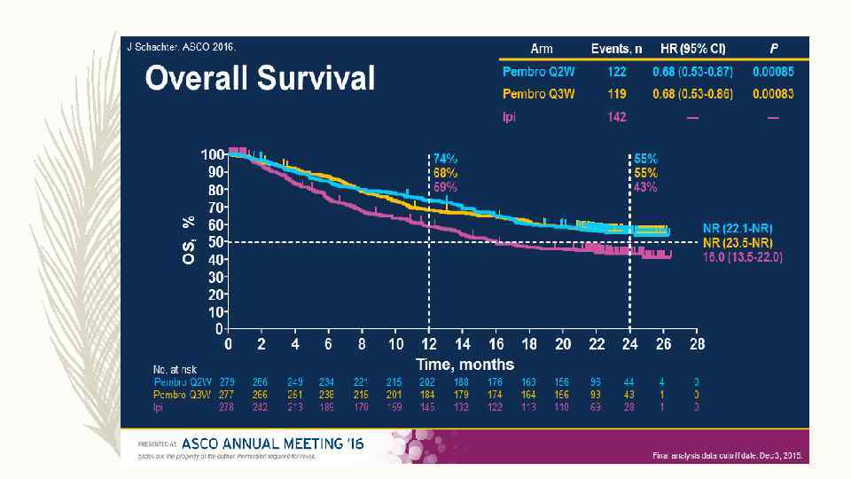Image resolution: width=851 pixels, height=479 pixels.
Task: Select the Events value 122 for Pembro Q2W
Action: (617, 70)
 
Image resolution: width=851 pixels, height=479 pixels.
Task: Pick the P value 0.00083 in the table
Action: (773, 93)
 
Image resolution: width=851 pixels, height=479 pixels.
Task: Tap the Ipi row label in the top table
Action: (510, 118)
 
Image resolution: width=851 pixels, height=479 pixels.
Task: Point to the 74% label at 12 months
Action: (445, 158)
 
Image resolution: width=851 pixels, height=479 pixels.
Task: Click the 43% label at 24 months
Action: (645, 187)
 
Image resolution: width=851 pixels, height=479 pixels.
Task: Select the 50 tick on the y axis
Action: (215, 241)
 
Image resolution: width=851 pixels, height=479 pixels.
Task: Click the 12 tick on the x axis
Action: (430, 344)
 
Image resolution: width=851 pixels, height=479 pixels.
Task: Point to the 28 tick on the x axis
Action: (698, 344)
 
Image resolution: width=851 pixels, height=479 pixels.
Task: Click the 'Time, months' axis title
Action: (465, 364)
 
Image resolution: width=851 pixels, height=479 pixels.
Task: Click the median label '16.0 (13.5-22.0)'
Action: (741, 256)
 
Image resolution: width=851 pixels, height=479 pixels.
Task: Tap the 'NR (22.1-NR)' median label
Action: (737, 228)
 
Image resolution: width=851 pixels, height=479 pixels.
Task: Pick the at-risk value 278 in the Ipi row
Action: (229, 407)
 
